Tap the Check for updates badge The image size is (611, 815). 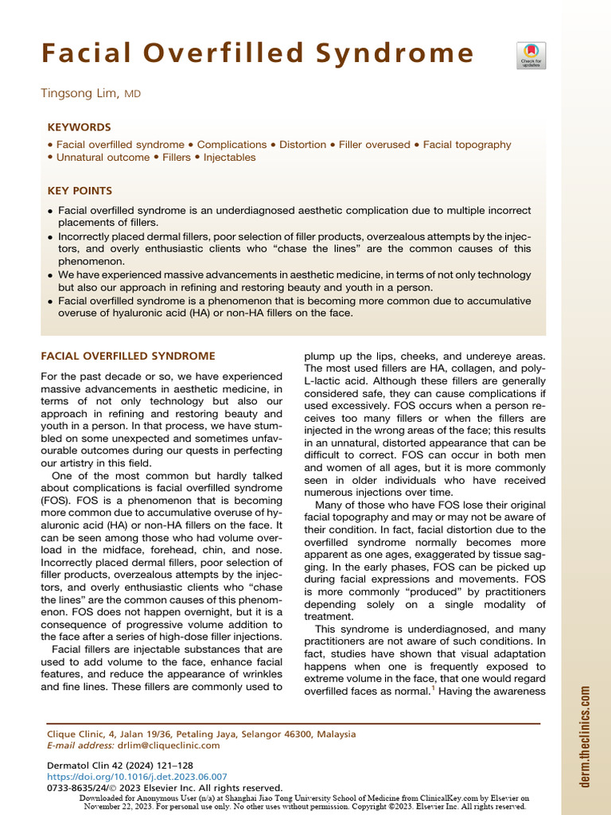531,55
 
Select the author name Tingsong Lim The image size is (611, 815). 80,94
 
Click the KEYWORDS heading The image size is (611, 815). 79,127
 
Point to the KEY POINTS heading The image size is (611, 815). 80,191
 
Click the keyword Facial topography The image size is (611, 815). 467,145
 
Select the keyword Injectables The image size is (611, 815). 229,158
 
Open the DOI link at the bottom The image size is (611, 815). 138,776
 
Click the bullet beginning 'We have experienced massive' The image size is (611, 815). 294,280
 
